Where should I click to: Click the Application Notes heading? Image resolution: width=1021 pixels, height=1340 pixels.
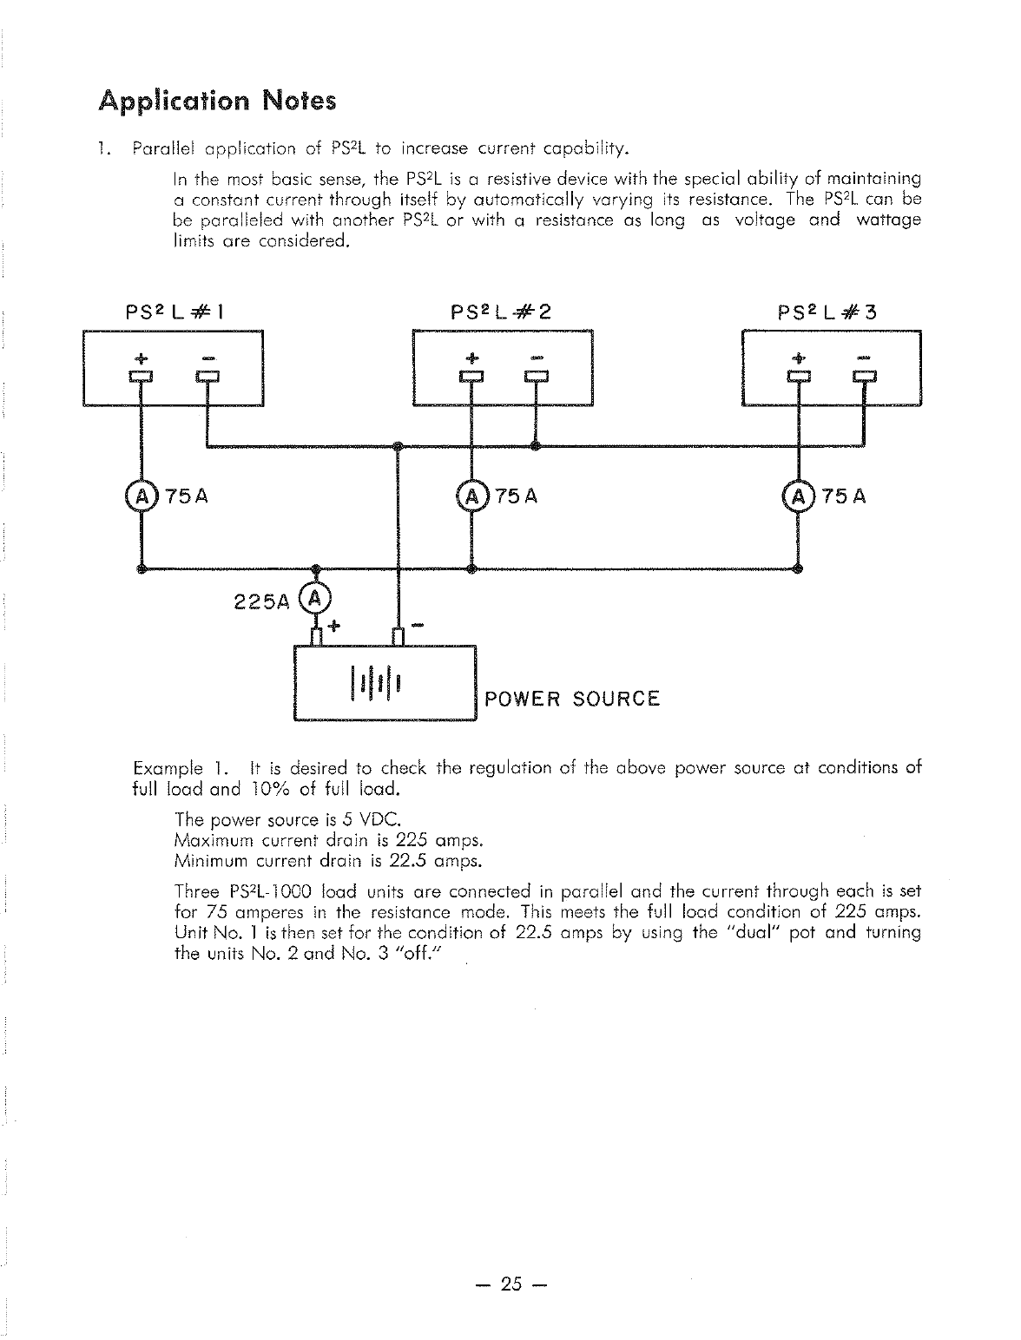pos(217,102)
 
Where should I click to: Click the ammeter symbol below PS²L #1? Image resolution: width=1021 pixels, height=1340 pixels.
pos(139,497)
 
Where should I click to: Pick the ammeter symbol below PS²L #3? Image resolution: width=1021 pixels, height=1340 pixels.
pos(797,497)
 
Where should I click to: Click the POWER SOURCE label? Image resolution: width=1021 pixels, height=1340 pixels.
pos(572,700)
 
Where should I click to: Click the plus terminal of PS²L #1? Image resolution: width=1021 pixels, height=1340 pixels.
pos(140,376)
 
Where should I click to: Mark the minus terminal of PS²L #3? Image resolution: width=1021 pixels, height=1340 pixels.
pos(865,376)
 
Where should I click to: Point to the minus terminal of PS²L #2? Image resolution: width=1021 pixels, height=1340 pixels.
pos(537,376)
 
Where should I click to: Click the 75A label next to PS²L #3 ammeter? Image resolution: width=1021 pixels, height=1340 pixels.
pos(843,497)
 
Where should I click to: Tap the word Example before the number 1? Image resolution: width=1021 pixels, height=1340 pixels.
pos(168,769)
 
